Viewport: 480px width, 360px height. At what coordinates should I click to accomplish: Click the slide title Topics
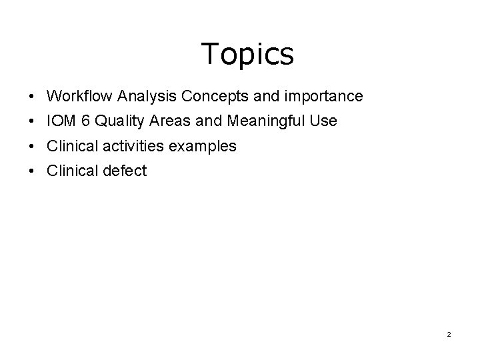247,54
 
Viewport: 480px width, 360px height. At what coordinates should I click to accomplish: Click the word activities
131,146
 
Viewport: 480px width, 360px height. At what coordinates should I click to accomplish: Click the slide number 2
449,334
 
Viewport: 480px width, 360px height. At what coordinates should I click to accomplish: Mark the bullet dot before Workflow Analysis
32,97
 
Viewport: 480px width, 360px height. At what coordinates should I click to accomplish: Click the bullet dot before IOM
32,122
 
